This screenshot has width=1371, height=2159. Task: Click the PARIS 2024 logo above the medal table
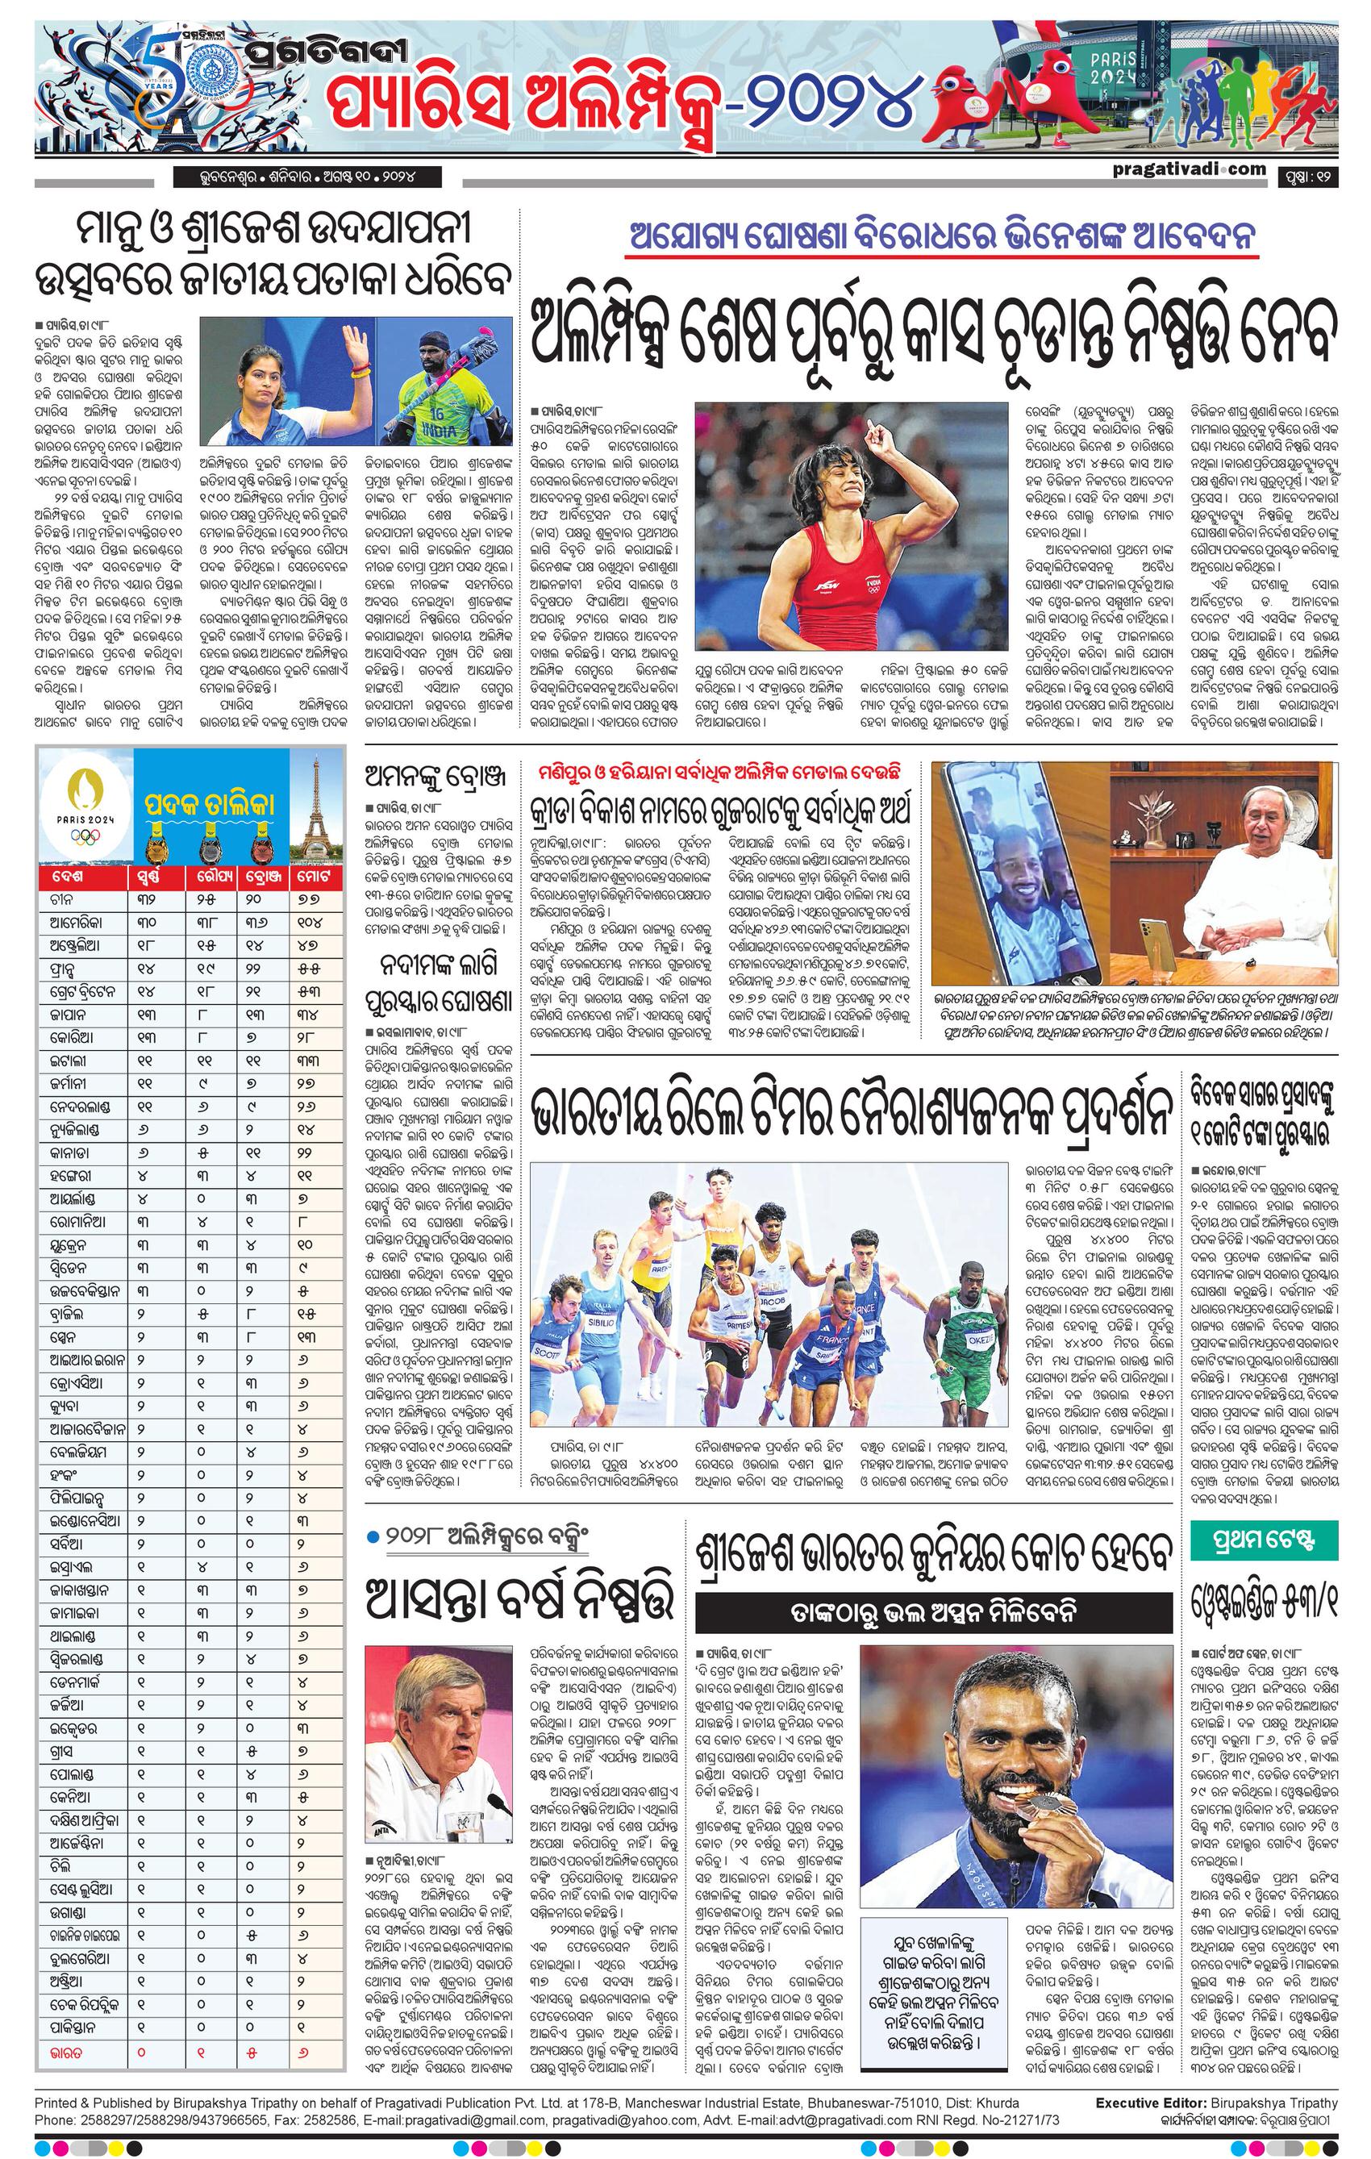(85, 804)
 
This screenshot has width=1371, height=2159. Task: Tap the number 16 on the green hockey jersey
(435, 415)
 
